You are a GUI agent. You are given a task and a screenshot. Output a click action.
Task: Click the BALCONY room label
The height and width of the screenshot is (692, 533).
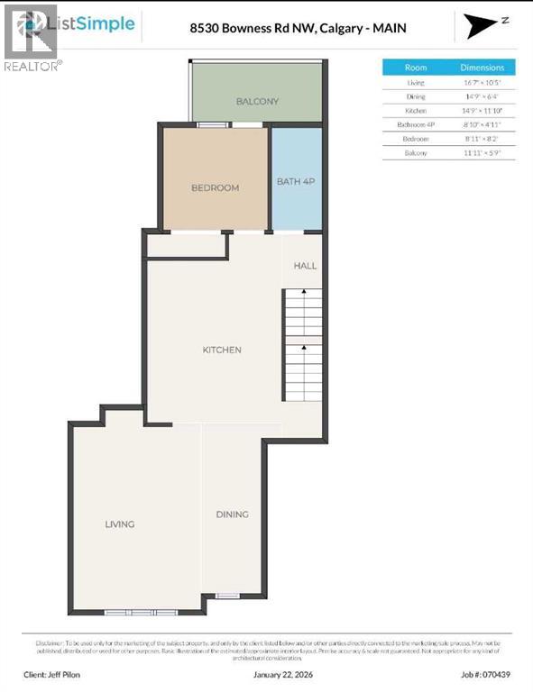coord(257,102)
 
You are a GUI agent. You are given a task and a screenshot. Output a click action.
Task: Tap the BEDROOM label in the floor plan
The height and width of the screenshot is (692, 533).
coord(215,187)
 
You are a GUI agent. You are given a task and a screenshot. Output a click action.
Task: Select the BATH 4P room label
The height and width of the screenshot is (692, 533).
coord(296,182)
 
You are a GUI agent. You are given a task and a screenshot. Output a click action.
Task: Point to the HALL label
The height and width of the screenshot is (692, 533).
coord(305,267)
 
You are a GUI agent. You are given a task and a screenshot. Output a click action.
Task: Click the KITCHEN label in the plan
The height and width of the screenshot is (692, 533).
coord(222,350)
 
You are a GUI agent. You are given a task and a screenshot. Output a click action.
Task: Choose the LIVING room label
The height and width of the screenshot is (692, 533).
coord(119,524)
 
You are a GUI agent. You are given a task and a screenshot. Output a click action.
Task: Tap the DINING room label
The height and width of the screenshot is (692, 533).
coord(232,514)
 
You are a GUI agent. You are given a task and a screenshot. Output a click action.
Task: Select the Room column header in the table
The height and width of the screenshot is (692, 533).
coord(416,68)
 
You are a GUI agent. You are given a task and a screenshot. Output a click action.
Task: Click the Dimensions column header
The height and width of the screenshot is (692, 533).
coord(482,68)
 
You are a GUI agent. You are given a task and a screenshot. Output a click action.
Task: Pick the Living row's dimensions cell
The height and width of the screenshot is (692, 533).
coord(482,83)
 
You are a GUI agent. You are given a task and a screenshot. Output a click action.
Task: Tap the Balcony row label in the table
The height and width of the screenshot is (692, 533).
coord(416,154)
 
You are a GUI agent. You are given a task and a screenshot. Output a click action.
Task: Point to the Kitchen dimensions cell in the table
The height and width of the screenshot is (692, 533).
coord(482,111)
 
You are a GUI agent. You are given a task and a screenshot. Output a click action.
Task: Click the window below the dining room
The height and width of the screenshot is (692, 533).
coord(227,596)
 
